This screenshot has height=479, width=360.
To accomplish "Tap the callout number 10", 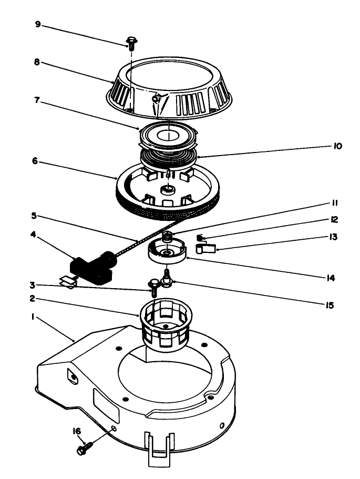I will pyautogui.click(x=337, y=146).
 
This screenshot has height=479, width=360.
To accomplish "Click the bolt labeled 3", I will pyautogui.click(x=154, y=286).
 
